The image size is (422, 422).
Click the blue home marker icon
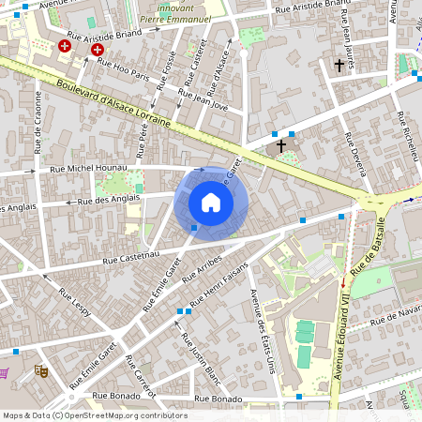point(211,203)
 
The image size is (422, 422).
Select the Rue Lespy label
point(75,305)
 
